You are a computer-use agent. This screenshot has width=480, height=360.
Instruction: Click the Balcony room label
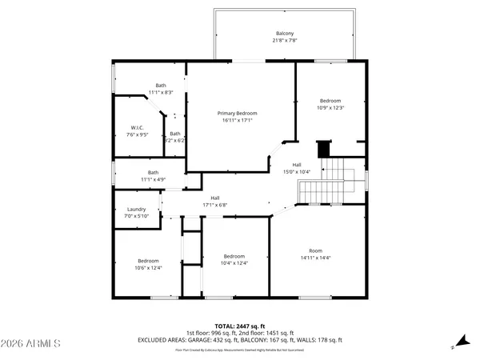click(x=284, y=33)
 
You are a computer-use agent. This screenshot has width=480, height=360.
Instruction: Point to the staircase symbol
click(x=331, y=181)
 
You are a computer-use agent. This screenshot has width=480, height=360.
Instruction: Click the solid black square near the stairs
click(x=323, y=150)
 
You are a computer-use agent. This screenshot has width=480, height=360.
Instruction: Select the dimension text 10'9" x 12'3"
click(x=330, y=107)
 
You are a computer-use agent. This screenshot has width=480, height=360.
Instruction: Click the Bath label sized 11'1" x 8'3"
click(x=161, y=86)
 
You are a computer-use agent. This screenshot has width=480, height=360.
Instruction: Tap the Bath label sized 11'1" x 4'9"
click(x=152, y=172)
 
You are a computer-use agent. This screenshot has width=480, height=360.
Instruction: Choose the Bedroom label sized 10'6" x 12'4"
click(x=148, y=261)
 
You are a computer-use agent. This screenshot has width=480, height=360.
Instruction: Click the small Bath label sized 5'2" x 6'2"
click(x=174, y=134)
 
